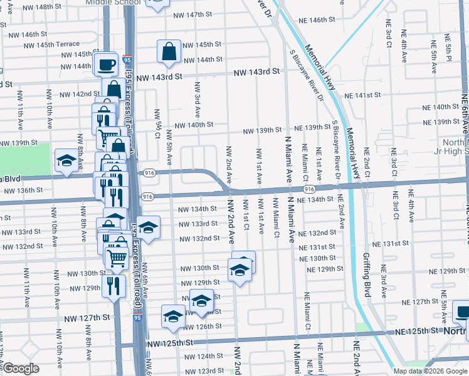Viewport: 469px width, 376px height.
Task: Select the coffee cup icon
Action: point(107,63)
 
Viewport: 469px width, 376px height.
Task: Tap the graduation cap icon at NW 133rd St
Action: point(148,227)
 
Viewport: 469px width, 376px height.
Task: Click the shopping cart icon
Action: point(117,257)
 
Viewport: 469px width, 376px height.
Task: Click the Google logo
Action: point(21,368)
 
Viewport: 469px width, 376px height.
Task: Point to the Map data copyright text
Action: point(431,371)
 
